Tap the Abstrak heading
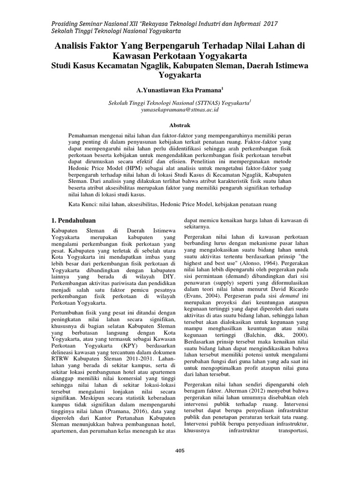[180, 126]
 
